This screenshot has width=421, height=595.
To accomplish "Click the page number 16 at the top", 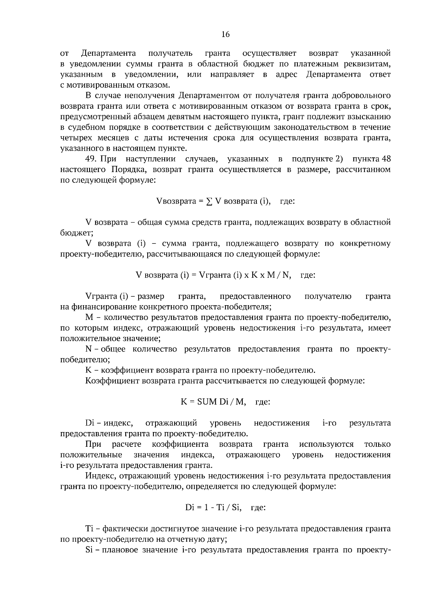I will point(226,34).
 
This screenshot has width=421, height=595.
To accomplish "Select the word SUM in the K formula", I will point(207,402).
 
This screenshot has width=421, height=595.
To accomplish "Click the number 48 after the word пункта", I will point(386,159).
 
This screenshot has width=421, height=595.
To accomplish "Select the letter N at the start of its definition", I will point(88,349).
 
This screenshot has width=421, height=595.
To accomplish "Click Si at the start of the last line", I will point(89,550).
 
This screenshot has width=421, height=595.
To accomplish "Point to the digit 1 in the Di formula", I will point(207,508).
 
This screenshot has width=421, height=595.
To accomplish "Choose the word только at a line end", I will point(377,444).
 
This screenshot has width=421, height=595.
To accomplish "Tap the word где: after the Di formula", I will point(258,508).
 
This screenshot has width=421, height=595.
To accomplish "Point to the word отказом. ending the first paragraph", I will point(154,85).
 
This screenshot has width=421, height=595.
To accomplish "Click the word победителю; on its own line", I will point(85,360).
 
